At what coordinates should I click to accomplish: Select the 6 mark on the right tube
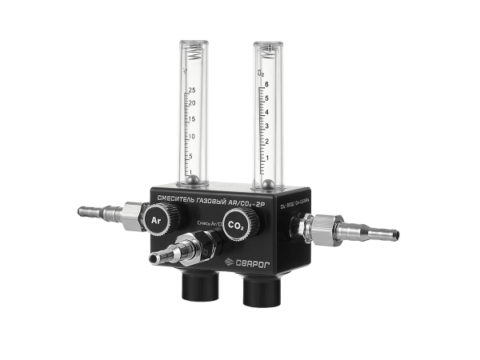point(267,83)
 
